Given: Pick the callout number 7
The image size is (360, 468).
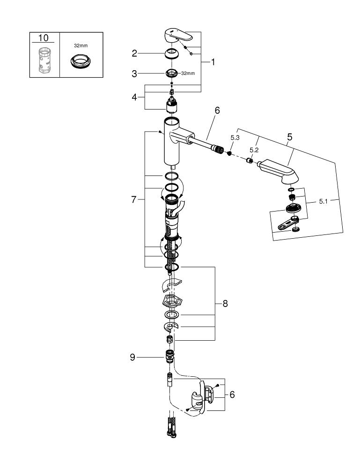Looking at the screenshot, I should (134, 200).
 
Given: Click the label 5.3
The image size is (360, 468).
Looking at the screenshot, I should (235, 138).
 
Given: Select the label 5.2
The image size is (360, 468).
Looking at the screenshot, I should (254, 150).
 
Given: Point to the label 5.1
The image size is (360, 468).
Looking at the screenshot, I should (323, 201).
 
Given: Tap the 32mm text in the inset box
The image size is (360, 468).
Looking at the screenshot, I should (81, 46).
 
